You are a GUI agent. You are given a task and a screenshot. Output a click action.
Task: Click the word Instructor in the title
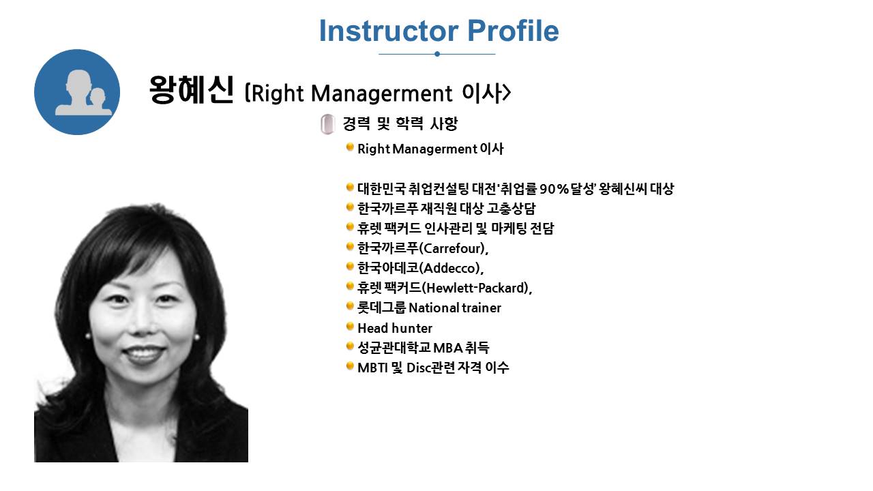point(389,31)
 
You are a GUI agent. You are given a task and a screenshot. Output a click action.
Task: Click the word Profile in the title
point(513,31)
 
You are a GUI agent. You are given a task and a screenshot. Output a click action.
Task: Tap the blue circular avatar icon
point(77,92)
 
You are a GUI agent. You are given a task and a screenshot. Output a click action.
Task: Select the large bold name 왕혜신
point(192,91)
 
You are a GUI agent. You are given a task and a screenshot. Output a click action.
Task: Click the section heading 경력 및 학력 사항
point(400,123)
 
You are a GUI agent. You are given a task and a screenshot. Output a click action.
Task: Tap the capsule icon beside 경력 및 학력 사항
point(328,124)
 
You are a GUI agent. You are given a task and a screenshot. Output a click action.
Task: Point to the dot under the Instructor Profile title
point(437,54)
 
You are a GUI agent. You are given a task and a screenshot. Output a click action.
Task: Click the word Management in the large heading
point(382,93)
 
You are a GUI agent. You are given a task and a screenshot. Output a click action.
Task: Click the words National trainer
point(455,308)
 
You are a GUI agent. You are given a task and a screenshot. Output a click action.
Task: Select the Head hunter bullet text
point(395,328)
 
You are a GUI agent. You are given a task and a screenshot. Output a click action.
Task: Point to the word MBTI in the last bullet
point(372,368)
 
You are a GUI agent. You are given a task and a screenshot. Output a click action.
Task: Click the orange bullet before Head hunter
point(350,327)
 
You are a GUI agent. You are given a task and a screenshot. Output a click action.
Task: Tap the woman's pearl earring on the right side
point(196,337)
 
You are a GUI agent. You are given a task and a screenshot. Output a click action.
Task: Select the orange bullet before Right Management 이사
point(350,147)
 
